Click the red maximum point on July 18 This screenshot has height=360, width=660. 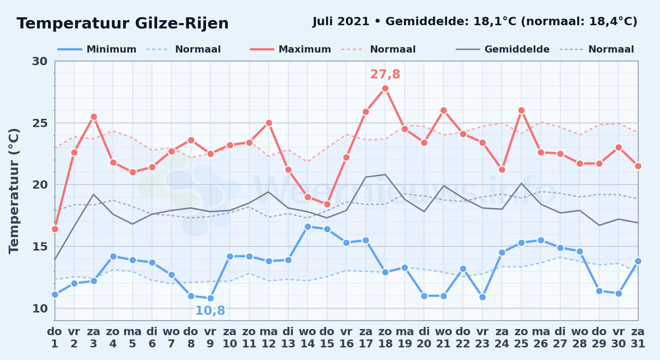[385, 89]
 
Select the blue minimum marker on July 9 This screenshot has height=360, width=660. [210, 298]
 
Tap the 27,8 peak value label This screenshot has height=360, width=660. [385, 74]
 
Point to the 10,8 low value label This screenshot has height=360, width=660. [210, 310]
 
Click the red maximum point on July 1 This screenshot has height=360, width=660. [55, 229]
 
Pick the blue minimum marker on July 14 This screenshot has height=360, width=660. [308, 227]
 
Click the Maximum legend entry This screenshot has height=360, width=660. [290, 49]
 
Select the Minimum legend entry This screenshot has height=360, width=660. [97, 49]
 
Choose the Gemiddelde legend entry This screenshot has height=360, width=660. [503, 49]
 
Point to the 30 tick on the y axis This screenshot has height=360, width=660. [40, 61]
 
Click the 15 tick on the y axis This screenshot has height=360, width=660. [40, 247]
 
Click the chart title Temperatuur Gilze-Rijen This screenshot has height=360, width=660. [123, 23]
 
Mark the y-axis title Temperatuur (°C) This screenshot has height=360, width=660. [14, 191]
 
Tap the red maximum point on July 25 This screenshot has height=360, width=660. [521, 111]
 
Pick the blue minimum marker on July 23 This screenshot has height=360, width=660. [482, 297]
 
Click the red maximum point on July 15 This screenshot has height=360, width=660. [327, 204]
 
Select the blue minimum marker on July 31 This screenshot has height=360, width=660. [638, 261]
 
